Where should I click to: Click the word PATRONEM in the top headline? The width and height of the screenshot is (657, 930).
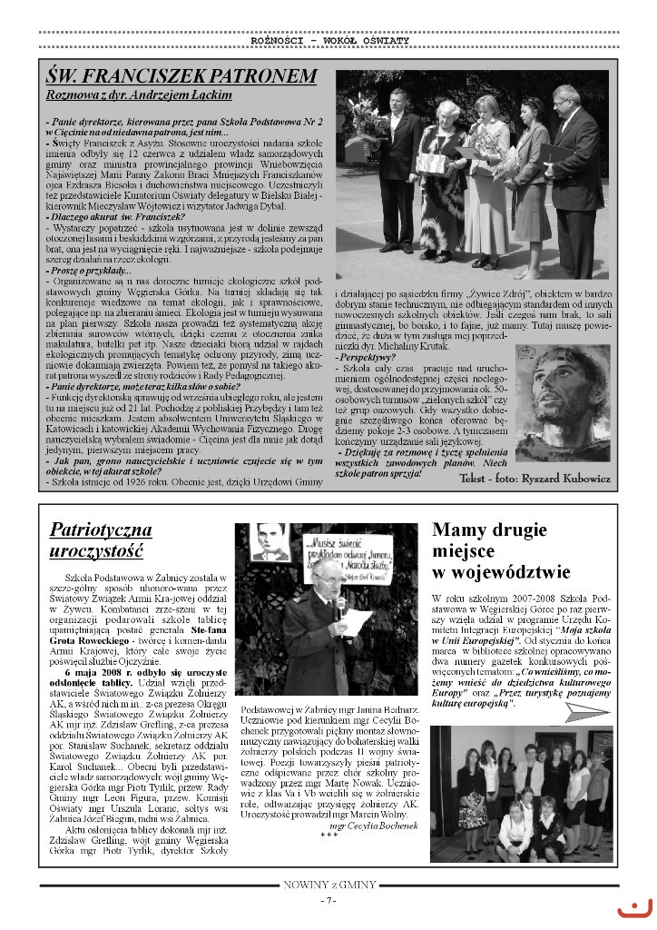coord(260,76)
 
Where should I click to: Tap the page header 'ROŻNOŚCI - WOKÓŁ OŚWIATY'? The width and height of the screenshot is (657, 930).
coord(329,40)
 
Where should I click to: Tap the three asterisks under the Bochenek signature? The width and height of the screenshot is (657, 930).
coord(329,835)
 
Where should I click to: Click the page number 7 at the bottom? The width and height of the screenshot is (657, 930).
coord(328,900)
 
